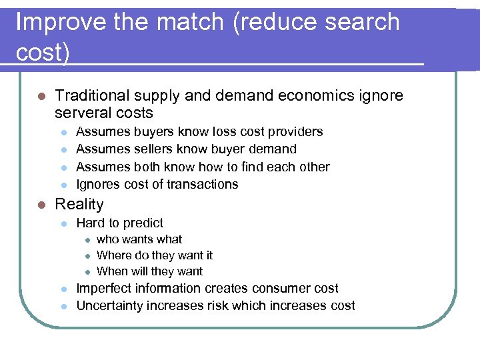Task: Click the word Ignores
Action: click(97, 185)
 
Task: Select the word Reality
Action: click(79, 205)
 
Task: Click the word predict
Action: click(141, 223)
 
